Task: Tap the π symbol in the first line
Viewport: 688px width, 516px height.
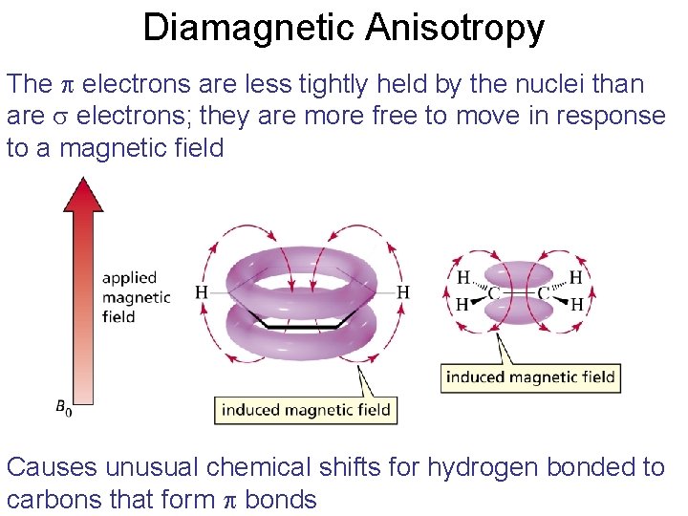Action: pyautogui.click(x=67, y=85)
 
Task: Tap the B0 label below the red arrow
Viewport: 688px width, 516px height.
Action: pyautogui.click(x=63, y=408)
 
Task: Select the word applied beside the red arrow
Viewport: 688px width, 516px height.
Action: pyautogui.click(x=129, y=277)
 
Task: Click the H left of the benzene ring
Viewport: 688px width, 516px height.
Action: pyautogui.click(x=202, y=291)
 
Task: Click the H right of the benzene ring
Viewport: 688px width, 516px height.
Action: pyautogui.click(x=403, y=291)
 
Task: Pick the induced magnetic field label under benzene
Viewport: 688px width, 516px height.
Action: pyautogui.click(x=306, y=410)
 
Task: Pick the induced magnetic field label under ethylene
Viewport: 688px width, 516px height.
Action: pyautogui.click(x=530, y=376)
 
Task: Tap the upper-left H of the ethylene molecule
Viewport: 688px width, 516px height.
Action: pyautogui.click(x=463, y=278)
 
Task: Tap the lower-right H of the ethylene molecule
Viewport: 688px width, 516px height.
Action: pyautogui.click(x=576, y=305)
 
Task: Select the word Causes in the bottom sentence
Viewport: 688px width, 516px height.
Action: pyautogui.click(x=52, y=467)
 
